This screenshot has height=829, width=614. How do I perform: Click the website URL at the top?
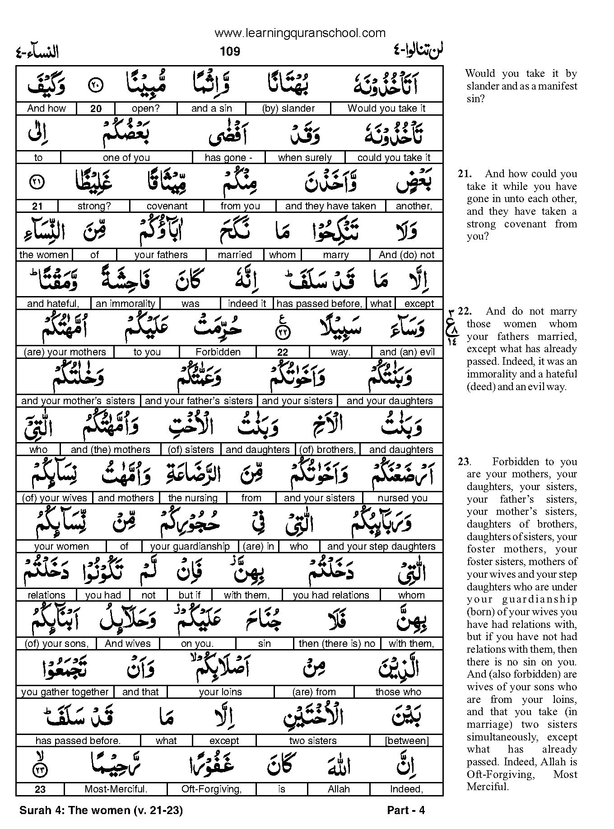coord(300,33)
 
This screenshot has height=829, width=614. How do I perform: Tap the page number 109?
coord(230,52)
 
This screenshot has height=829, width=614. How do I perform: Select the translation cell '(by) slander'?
coord(288,108)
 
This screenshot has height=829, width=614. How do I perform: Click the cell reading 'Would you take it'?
coord(386,108)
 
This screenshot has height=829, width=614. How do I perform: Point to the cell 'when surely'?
coord(305,158)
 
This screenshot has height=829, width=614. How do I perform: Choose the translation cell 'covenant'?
coord(167,206)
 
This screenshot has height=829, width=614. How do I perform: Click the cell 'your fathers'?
coord(161,255)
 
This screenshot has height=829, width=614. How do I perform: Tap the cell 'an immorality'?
coord(126,304)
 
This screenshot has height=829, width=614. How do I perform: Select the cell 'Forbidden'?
coord(218,352)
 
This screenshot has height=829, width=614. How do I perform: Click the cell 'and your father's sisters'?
coord(199,401)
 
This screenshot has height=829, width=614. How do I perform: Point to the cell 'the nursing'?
coord(193,498)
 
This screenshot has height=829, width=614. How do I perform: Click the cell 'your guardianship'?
coord(190,546)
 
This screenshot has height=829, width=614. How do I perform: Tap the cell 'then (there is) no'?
coord(337,644)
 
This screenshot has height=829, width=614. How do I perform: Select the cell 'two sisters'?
coord(313,741)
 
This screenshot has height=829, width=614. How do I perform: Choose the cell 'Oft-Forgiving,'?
coord(211,789)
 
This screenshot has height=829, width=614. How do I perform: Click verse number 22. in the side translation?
coord(465,311)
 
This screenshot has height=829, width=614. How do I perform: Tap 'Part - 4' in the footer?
coord(406,810)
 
